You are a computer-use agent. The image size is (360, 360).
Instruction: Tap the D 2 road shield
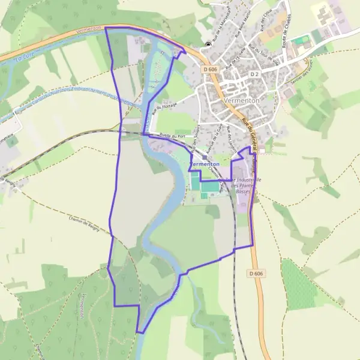point(253,74)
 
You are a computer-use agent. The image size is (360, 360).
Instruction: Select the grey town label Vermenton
point(241,101)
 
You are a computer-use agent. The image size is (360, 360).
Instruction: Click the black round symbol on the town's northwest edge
point(208,45)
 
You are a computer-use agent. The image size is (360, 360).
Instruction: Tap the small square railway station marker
point(205,158)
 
